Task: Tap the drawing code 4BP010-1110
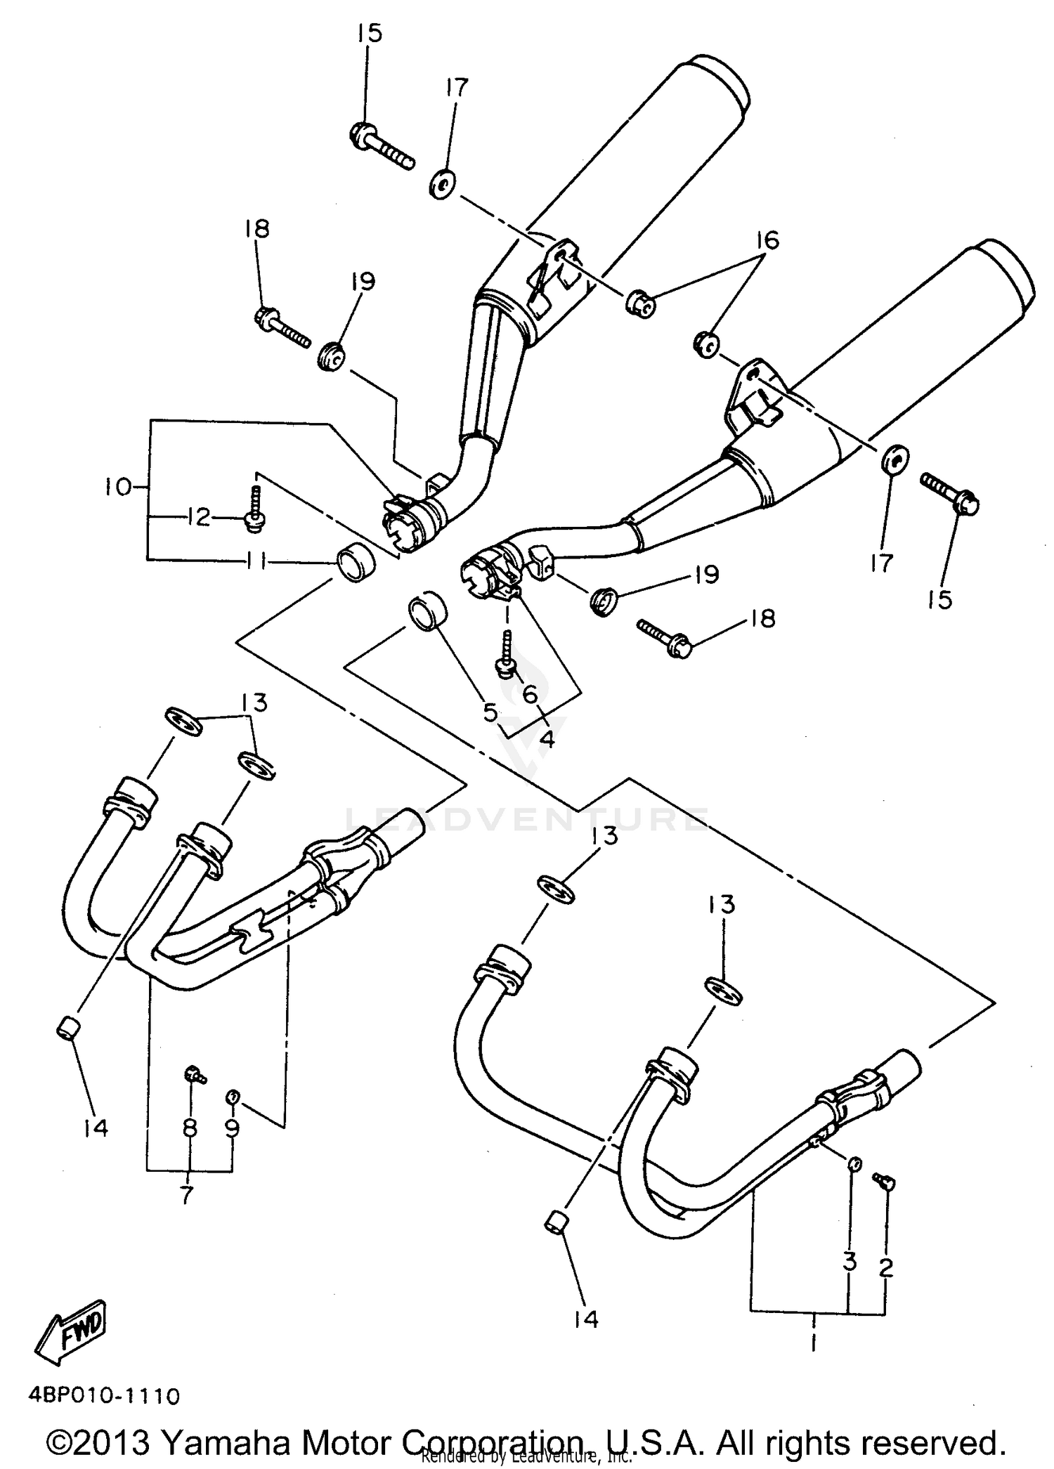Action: click(x=104, y=1395)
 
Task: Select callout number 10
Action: click(x=120, y=486)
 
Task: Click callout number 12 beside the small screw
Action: click(x=198, y=518)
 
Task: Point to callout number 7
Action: click(x=187, y=1194)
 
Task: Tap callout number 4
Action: click(x=547, y=738)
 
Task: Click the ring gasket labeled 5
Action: click(x=426, y=610)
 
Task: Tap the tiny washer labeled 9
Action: click(x=233, y=1095)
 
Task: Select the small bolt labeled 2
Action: click(x=883, y=1181)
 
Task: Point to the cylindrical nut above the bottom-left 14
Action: click(x=67, y=1031)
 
